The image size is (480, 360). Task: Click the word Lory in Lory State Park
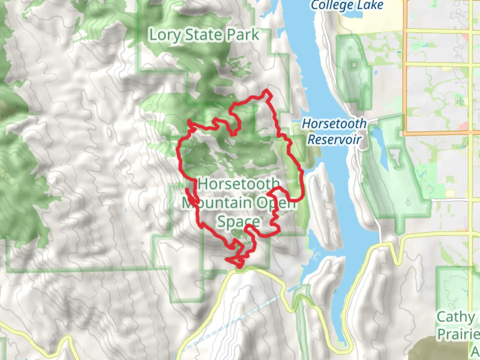coord(164,35)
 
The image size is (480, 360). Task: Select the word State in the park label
coord(204,35)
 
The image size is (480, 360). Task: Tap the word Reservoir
coord(334,139)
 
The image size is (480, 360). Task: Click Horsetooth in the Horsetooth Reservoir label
coord(334,124)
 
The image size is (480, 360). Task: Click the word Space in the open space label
coord(238,222)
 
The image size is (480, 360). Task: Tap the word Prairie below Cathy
coord(458,333)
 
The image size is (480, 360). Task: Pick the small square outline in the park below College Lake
coord(354,64)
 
